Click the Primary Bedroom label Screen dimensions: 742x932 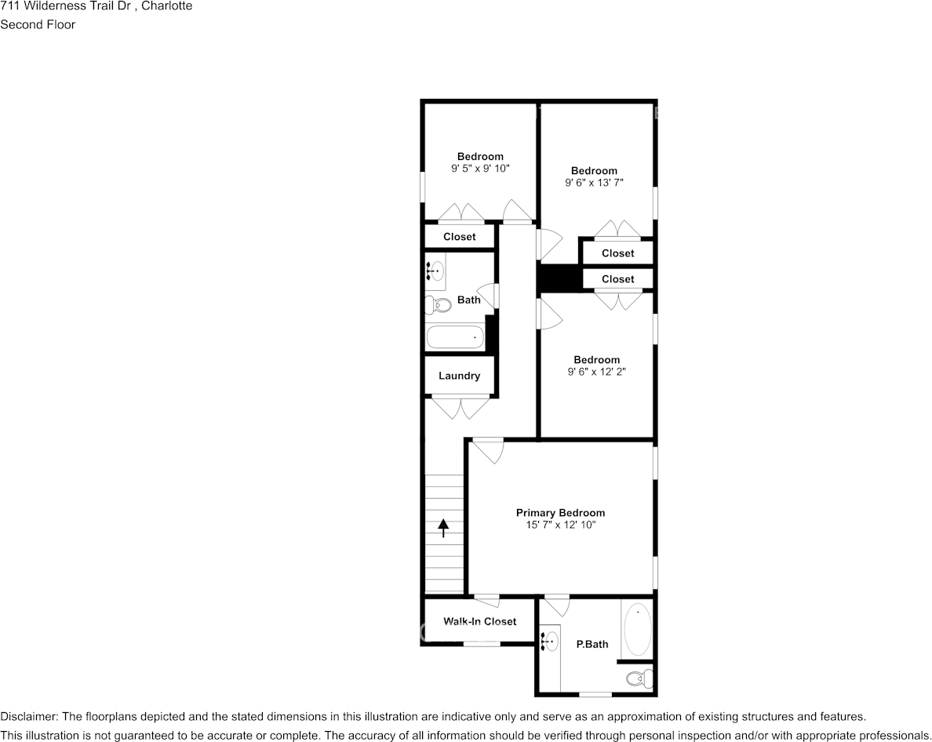560,513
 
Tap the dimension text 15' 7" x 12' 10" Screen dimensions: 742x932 560,526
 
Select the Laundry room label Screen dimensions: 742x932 459,376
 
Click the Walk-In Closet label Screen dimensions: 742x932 479,621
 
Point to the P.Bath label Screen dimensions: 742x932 592,645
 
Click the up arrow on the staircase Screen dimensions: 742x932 443,528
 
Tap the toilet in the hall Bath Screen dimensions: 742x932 441,304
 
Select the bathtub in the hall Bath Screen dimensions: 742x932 455,337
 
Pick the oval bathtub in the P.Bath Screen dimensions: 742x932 637,629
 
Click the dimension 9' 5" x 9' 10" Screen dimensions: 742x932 480,169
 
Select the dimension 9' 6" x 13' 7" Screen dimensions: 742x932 594,183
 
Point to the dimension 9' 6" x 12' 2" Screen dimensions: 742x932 596,373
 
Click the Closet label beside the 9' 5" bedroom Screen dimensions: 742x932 459,237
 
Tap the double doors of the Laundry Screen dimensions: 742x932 460,408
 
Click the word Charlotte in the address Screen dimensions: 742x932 166,6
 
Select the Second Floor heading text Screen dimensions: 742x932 38,24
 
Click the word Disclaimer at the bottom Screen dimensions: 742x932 28,717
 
